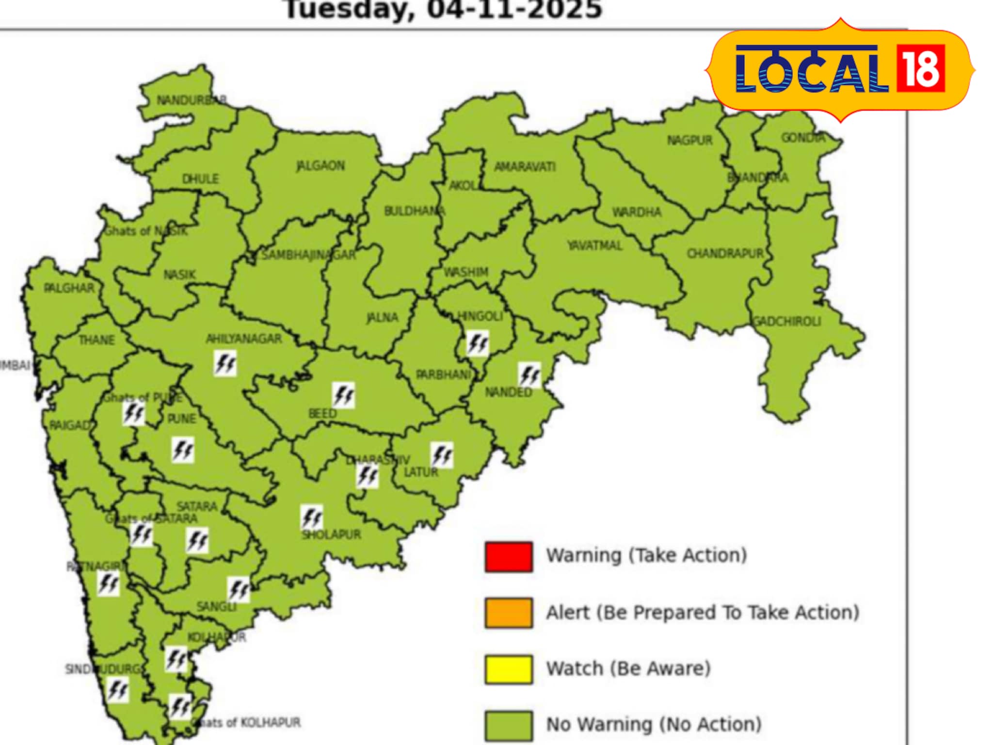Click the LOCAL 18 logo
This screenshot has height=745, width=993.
pyautogui.click(x=840, y=70)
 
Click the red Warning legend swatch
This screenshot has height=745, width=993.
pyautogui.click(x=508, y=557)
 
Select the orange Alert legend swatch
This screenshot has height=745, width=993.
pyautogui.click(x=508, y=613)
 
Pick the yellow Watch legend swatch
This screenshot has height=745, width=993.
pyautogui.click(x=508, y=669)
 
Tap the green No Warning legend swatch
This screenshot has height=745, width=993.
pyautogui.click(x=508, y=726)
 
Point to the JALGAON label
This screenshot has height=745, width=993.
pyautogui.click(x=321, y=166)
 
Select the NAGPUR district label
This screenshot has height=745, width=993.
pyautogui.click(x=689, y=141)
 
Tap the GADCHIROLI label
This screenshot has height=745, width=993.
pyautogui.click(x=786, y=321)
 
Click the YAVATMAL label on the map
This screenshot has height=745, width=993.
pyautogui.click(x=594, y=246)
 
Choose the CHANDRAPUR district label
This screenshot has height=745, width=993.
pyautogui.click(x=725, y=254)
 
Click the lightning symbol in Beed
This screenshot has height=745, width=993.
pyautogui.click(x=343, y=395)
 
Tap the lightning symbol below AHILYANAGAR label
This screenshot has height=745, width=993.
pyautogui.click(x=225, y=363)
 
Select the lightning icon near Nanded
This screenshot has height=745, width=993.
pyautogui.click(x=529, y=375)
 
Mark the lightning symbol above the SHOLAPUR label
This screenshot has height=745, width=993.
pyautogui.click(x=312, y=517)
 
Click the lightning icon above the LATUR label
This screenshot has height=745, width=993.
pyautogui.click(x=442, y=455)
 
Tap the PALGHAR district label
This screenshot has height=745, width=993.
pyautogui.click(x=69, y=288)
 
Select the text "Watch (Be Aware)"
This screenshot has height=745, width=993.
pyautogui.click(x=628, y=669)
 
